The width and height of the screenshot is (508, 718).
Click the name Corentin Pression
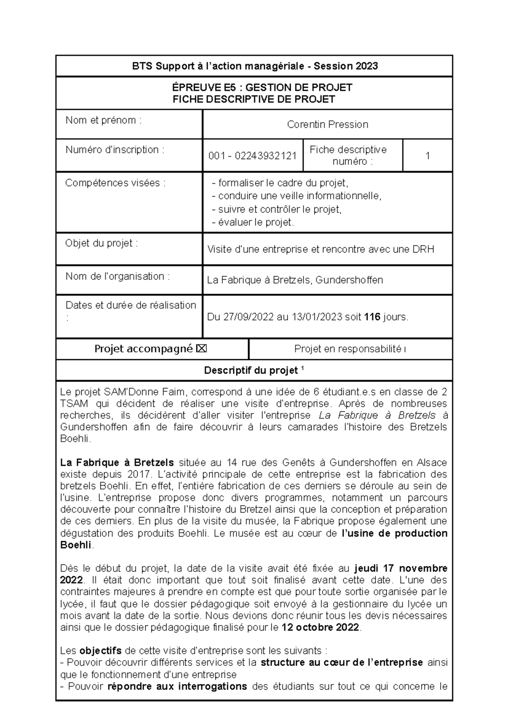pos(327,124)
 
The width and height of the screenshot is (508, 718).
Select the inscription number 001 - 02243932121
pos(252,156)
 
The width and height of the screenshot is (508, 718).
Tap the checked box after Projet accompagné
pos(202,349)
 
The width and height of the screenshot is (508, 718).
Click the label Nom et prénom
pos(103,120)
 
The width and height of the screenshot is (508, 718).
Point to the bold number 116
pos(372,317)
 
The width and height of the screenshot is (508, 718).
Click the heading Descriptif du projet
pos(251,371)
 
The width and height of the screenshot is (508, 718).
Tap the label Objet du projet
pos(101,243)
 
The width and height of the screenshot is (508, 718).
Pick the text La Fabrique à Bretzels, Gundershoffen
pos(295,280)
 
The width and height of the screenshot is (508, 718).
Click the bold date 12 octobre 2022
pos(320,627)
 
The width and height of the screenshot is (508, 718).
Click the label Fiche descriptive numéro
pos(348,155)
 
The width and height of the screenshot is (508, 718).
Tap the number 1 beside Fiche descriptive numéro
pos(428,156)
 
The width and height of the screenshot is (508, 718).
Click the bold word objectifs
pos(100,650)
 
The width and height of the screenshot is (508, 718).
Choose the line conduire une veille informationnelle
pos(296,196)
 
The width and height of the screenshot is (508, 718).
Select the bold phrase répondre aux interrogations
pos(177,686)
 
